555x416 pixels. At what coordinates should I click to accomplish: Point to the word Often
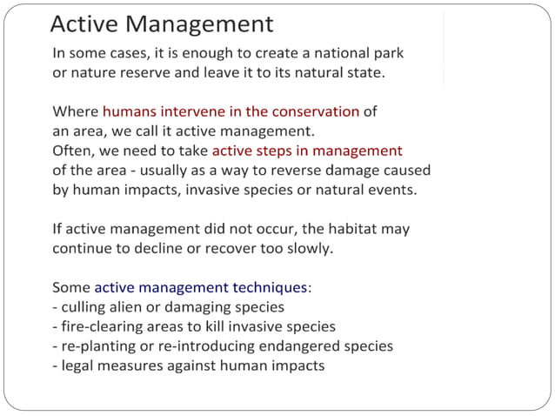tap(74, 150)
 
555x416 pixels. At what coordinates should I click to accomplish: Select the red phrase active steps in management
tap(307, 150)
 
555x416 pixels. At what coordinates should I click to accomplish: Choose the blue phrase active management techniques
tap(200, 287)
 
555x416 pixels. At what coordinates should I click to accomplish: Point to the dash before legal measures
tap(55, 366)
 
